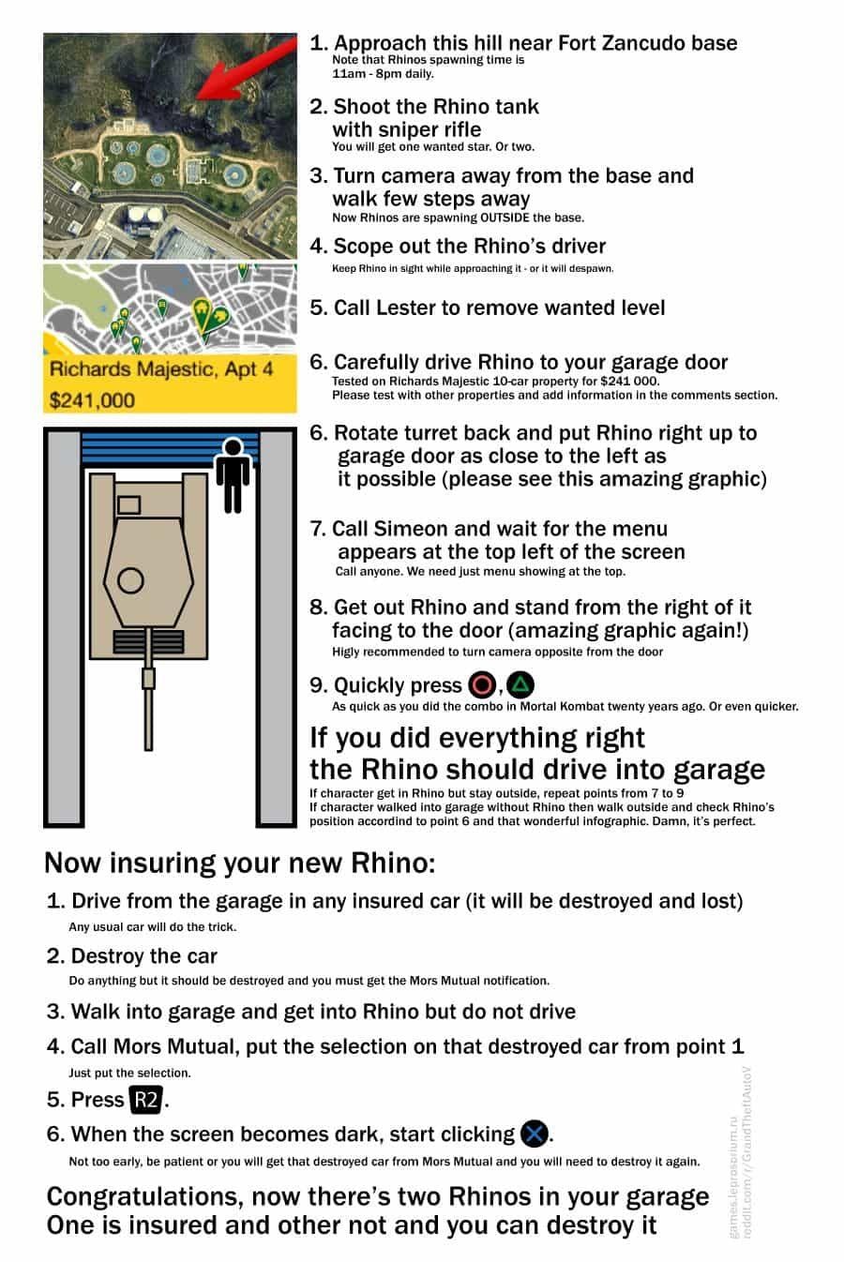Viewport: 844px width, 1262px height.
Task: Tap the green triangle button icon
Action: (x=520, y=684)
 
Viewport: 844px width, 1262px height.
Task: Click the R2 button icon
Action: (x=145, y=1099)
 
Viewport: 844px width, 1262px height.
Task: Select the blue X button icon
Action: (x=534, y=1134)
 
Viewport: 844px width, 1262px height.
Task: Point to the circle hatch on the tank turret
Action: (x=130, y=580)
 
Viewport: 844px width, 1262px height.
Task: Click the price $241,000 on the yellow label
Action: (x=92, y=400)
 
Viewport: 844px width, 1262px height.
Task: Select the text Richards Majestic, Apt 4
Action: (x=161, y=368)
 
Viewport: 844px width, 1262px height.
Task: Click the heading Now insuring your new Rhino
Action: (x=239, y=862)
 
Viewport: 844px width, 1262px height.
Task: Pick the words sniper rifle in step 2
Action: (x=430, y=129)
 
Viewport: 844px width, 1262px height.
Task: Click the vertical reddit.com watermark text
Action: (x=747, y=1153)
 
